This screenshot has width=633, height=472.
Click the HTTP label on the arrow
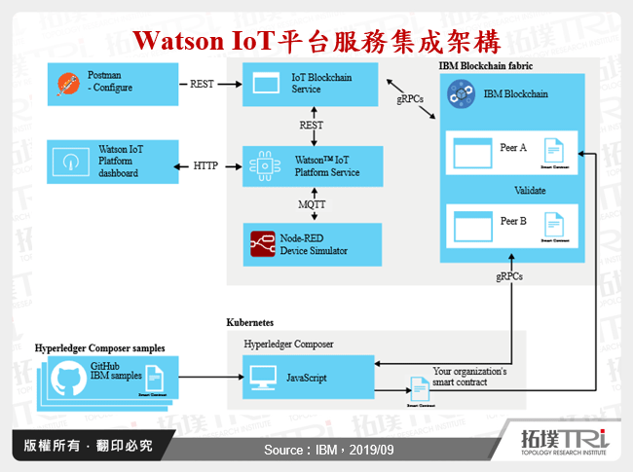pyautogui.click(x=205, y=165)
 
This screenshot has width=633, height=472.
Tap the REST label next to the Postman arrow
pyautogui.click(x=202, y=85)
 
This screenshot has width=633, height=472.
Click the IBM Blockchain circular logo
pyautogui.click(x=460, y=94)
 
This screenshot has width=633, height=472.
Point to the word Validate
pyautogui.click(x=530, y=190)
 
